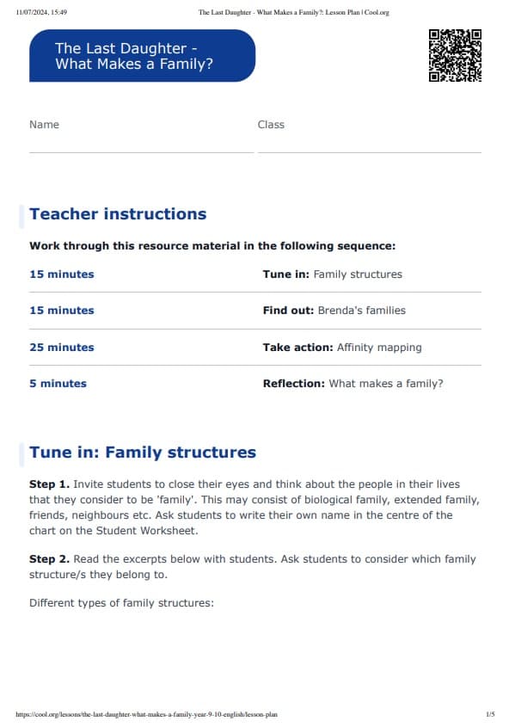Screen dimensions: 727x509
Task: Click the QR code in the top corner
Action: (x=454, y=56)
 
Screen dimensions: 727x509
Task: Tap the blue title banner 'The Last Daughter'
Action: (x=142, y=56)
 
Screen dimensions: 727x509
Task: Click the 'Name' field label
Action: (x=44, y=125)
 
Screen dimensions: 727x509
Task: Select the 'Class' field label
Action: (x=271, y=125)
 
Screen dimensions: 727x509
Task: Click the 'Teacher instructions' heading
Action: (x=118, y=214)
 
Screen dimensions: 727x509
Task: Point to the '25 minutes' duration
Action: (x=62, y=348)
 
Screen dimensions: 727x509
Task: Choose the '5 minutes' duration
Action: (x=58, y=384)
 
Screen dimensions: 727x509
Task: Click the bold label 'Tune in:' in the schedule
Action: (x=286, y=274)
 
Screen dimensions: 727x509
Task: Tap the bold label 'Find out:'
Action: (x=289, y=311)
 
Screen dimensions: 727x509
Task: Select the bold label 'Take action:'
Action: (x=297, y=348)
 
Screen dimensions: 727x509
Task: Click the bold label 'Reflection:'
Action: (x=294, y=384)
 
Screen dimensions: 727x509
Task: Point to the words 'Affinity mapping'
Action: (x=379, y=348)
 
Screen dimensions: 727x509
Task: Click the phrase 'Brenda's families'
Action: (x=361, y=311)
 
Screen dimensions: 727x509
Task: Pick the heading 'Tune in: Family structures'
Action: (x=143, y=453)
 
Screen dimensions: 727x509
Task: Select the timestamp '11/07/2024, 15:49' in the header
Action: (x=42, y=12)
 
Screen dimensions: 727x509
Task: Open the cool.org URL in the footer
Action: (x=147, y=714)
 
